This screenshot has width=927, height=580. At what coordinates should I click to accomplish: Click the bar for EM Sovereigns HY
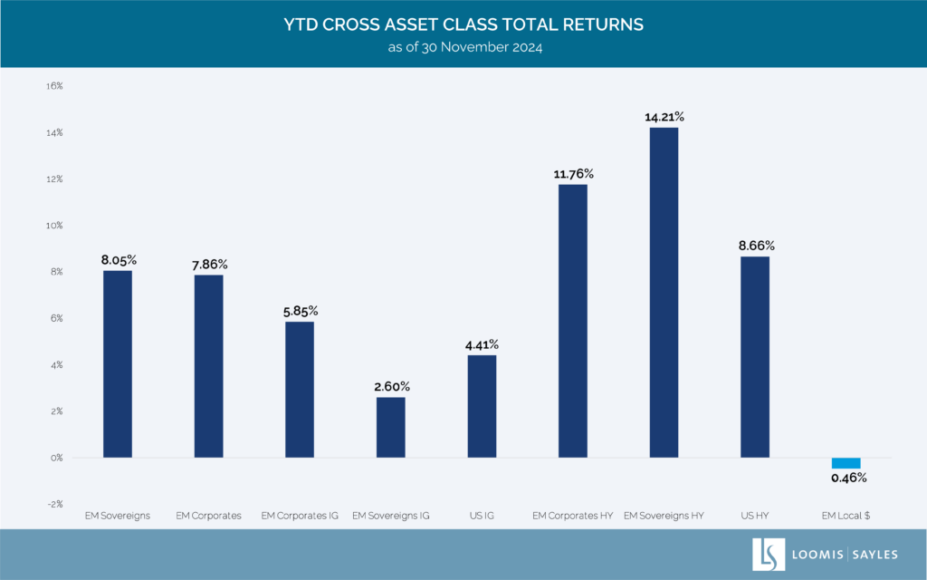pyautogui.click(x=664, y=292)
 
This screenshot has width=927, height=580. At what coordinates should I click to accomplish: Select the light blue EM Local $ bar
pyautogui.click(x=846, y=463)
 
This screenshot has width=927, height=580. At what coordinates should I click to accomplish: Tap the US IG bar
pyautogui.click(x=482, y=406)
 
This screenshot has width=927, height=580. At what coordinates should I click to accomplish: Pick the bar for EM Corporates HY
pyautogui.click(x=572, y=321)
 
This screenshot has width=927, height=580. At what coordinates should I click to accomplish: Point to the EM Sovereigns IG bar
pyautogui.click(x=390, y=427)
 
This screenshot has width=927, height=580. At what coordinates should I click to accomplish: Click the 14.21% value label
pyautogui.click(x=664, y=117)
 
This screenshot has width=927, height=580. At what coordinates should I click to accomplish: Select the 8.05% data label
pyautogui.click(x=118, y=259)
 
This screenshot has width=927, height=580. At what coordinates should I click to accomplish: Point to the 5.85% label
pyautogui.click(x=300, y=311)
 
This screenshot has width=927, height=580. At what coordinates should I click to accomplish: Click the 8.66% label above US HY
pyautogui.click(x=756, y=246)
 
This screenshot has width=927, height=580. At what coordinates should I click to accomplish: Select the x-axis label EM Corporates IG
pyautogui.click(x=299, y=516)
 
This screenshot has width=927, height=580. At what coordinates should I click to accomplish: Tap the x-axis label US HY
pyautogui.click(x=755, y=516)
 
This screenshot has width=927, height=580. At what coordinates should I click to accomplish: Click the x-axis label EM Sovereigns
pyautogui.click(x=118, y=516)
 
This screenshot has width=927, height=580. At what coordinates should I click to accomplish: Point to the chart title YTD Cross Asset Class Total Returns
pyautogui.click(x=463, y=24)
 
